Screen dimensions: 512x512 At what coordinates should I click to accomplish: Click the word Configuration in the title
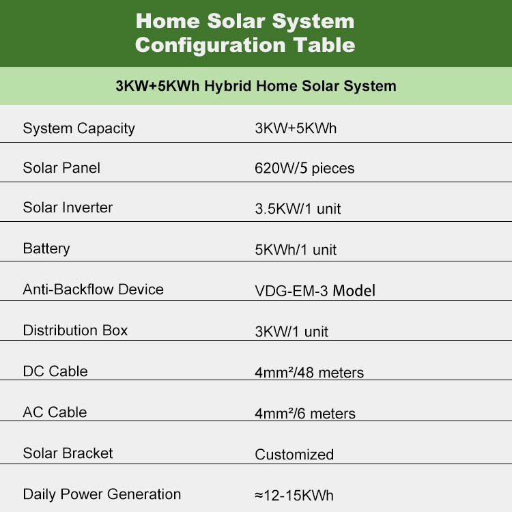211,46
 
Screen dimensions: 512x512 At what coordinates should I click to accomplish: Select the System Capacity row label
79,128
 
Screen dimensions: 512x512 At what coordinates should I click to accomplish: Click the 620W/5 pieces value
304,169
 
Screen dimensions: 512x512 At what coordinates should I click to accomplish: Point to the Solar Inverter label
68,208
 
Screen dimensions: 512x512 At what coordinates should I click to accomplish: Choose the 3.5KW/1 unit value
298,209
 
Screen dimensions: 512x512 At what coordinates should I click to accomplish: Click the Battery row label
46,248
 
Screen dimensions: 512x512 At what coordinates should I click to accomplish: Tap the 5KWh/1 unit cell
296,250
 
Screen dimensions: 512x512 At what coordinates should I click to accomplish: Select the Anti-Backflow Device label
93,289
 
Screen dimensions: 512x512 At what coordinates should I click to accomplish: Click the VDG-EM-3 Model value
315,291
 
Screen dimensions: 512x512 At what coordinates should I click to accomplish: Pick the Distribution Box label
75,330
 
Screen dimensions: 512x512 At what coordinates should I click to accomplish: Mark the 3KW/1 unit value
291,332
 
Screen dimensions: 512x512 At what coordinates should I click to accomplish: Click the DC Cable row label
55,371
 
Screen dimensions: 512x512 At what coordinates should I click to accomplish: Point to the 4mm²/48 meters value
309,373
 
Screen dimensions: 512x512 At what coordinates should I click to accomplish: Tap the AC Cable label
55,412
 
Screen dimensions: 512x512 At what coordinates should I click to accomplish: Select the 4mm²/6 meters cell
305,414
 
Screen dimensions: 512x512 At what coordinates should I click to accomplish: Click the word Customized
294,455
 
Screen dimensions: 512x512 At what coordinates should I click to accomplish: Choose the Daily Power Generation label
102,494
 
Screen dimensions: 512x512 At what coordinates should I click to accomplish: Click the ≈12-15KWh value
294,496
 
